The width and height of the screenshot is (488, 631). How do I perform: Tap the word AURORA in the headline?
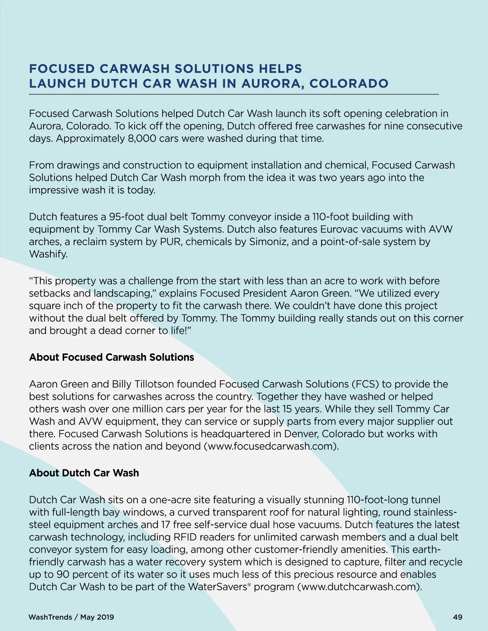272,84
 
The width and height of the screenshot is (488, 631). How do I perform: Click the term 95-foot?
126,217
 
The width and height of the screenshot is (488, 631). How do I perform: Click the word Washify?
48,254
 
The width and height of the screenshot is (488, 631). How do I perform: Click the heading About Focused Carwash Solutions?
111,357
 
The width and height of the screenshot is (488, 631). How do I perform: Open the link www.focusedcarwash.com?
271,447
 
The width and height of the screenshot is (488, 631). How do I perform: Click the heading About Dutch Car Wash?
84,473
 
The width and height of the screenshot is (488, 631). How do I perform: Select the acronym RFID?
185,537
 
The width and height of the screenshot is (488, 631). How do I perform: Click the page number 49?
457,617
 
